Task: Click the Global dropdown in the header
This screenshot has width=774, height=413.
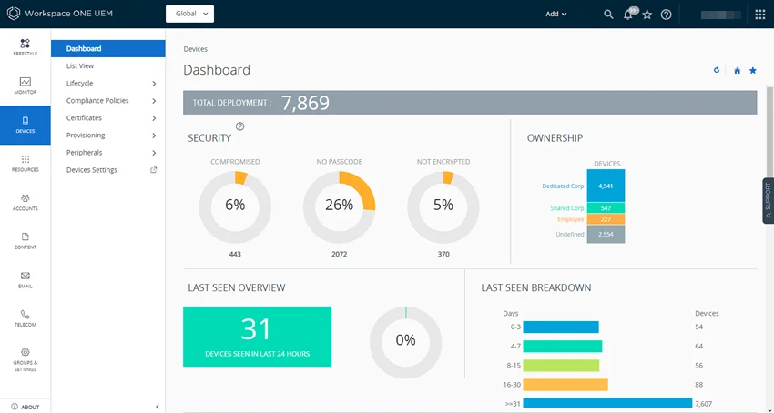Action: click(x=189, y=14)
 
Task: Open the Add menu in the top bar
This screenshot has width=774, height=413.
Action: click(x=555, y=15)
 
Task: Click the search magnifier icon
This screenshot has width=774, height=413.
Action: click(x=608, y=15)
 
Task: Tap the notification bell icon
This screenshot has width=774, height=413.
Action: click(x=628, y=15)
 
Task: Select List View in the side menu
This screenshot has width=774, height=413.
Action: click(x=80, y=66)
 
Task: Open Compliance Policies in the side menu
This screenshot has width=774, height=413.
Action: click(x=97, y=101)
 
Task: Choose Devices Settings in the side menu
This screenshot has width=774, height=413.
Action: click(x=92, y=170)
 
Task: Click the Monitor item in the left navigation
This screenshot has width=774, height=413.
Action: click(x=25, y=86)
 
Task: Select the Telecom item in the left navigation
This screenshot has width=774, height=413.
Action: click(x=25, y=318)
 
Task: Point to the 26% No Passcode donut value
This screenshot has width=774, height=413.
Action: click(x=339, y=206)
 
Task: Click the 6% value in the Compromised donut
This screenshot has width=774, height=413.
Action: click(x=235, y=206)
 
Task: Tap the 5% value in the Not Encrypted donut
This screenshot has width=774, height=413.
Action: click(x=443, y=206)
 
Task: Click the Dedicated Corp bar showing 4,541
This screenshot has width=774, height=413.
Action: click(x=606, y=186)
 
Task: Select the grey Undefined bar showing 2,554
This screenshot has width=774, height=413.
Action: click(x=606, y=235)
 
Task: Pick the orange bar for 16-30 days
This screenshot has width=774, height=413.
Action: click(x=565, y=385)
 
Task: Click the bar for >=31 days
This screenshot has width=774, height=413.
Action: click(x=606, y=403)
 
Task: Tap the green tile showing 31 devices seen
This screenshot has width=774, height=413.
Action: click(x=257, y=337)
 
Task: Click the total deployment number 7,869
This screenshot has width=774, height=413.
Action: click(x=305, y=103)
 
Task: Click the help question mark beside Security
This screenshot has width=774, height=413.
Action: click(x=240, y=126)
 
